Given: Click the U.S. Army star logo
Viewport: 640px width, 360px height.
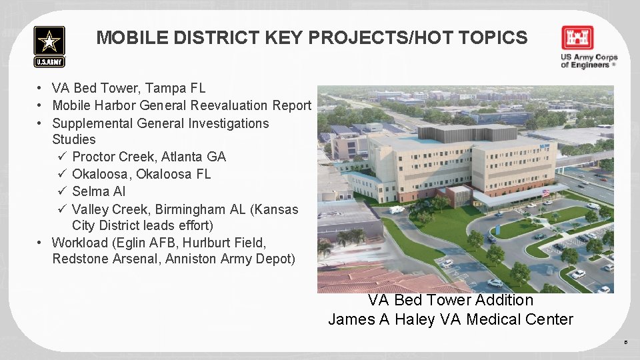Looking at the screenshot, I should [49, 46].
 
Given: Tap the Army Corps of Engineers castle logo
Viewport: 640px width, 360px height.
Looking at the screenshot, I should [577, 39].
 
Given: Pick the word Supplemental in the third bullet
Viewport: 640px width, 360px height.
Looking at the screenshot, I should [93, 123].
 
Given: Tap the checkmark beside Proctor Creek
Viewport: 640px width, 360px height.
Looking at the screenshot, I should [61, 157].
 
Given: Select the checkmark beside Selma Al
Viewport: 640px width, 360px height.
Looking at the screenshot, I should [61, 192].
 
